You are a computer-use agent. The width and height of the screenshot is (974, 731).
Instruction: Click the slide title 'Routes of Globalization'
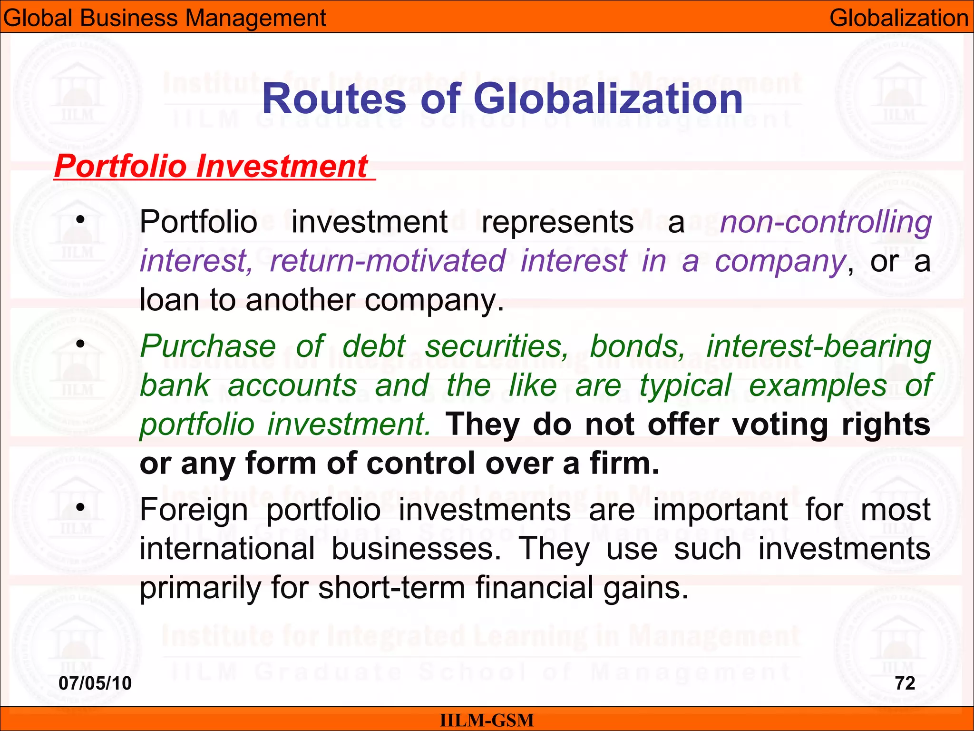(x=502, y=99)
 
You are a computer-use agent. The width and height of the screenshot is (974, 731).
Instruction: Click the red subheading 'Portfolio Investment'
(x=211, y=166)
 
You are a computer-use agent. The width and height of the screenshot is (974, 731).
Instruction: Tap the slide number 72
(x=905, y=683)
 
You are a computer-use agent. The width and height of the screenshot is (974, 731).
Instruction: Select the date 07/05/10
(x=95, y=683)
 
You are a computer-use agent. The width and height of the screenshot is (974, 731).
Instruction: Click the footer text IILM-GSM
(x=487, y=720)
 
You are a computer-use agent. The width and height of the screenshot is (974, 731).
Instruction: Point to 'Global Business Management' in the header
(x=165, y=18)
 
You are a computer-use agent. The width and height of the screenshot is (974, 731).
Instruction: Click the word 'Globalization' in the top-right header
(x=899, y=18)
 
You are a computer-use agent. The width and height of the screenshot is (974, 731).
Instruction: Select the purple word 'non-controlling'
(x=826, y=222)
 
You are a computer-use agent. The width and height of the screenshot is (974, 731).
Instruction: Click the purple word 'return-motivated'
(x=388, y=261)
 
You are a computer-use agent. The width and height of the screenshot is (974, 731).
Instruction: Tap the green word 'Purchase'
(x=208, y=346)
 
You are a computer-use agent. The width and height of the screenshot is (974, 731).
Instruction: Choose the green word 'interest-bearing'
(x=818, y=346)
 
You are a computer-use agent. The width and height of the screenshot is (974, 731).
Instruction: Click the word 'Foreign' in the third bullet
(x=194, y=510)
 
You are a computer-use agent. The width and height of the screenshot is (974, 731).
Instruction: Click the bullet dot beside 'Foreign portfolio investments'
(x=81, y=507)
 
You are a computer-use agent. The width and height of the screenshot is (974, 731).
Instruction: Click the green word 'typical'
(x=685, y=385)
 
